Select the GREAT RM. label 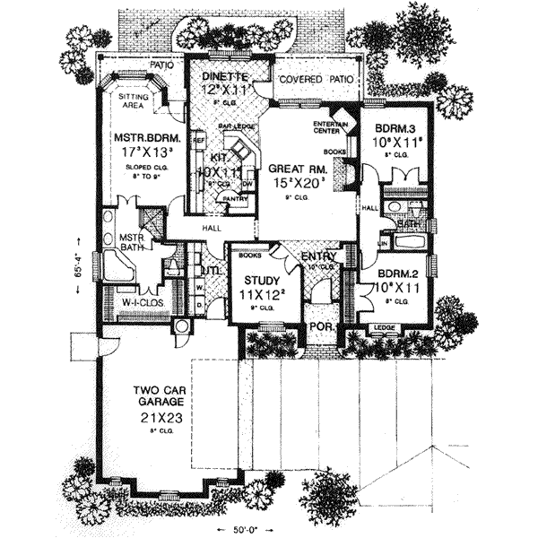(x=293, y=167)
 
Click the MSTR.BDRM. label (x=148, y=139)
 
